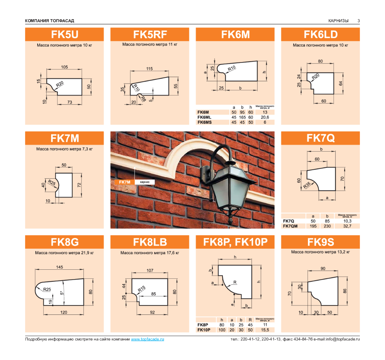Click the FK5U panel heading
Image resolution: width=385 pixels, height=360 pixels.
(65, 35)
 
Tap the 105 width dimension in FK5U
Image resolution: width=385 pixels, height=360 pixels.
(64, 67)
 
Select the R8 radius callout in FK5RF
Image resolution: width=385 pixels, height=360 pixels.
(143, 99)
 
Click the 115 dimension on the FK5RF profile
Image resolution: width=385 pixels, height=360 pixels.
(149, 69)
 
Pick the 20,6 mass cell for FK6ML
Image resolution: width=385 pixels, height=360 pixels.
(265, 117)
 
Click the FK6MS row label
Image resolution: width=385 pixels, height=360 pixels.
(205, 122)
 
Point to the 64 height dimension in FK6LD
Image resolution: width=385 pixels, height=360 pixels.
(341, 84)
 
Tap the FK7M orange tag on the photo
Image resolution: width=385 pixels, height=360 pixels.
(124, 182)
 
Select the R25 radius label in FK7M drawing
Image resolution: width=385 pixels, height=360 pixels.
(52, 182)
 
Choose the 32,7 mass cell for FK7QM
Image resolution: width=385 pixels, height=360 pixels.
(347, 226)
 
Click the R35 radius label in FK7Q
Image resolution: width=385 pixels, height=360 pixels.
(307, 185)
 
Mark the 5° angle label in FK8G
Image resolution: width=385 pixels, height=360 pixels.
(62, 293)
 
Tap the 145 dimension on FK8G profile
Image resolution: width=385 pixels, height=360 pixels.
(59, 267)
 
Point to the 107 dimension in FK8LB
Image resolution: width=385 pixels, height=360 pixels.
(150, 270)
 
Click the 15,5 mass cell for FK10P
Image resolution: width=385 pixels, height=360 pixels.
(265, 330)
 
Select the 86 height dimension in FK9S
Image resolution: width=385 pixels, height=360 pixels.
(345, 291)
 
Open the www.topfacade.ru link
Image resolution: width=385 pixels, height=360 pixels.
(147, 339)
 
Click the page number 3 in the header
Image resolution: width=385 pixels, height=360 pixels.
(358, 21)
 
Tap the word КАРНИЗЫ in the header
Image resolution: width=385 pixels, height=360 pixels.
(338, 21)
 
